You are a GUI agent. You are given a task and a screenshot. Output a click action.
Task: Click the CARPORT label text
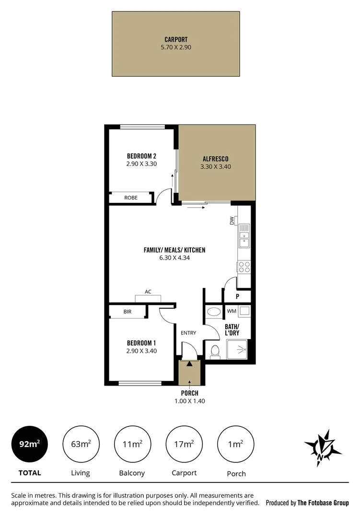coord(176,40)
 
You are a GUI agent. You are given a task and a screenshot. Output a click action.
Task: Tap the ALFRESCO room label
coord(214,159)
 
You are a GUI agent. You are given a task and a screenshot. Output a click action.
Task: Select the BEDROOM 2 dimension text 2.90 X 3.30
coord(141,164)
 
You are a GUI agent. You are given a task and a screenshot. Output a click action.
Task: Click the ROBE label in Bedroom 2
coord(131,198)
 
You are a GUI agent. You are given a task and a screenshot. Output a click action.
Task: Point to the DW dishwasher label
coord(232,221)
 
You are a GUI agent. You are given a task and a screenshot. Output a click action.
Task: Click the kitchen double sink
coord(244,235)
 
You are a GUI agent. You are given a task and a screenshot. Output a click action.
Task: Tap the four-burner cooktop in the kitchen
coord(244,267)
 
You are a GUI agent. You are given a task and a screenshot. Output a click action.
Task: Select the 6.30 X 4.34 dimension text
coord(174,258)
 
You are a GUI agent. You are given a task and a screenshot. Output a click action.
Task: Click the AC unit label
coord(148,292)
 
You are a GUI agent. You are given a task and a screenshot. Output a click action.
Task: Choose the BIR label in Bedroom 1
coord(127,312)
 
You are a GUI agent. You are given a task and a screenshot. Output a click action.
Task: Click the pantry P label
coord(237,296)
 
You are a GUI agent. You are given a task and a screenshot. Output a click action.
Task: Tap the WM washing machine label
coord(232,311)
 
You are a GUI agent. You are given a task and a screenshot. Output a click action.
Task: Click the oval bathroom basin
coord(214,312)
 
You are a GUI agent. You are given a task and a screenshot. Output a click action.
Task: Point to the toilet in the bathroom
coord(215,351)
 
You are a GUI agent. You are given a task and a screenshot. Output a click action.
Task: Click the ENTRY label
coord(188,332)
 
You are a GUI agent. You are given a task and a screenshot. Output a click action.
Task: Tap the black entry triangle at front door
coord(190,364)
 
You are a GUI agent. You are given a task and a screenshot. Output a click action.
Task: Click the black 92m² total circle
coord(29,444)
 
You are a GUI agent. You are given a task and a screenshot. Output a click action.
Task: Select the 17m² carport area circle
coord(184,444)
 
